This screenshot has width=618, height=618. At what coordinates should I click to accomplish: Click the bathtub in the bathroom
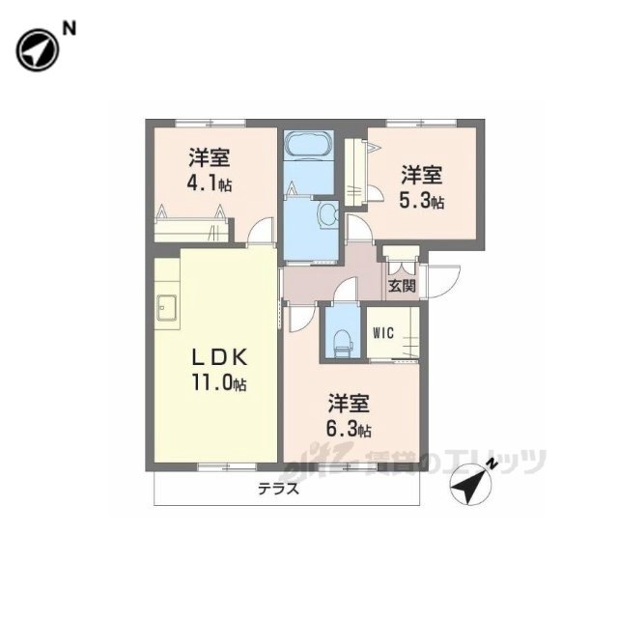tap(309, 144)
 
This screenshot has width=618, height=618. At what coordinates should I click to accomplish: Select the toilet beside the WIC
tap(342, 344)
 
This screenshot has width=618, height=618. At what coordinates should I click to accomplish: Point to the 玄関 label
tap(403, 286)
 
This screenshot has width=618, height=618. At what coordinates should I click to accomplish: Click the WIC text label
tap(383, 333)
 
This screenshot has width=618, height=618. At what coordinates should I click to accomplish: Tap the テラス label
tap(279, 490)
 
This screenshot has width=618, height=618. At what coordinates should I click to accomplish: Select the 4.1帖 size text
tap(210, 184)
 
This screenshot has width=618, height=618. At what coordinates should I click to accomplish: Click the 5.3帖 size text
tap(422, 202)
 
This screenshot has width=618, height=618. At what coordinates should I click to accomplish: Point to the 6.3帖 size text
tap(349, 429)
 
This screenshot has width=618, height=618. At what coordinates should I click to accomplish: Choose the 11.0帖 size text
tap(219, 382)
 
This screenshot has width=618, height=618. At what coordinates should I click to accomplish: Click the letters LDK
tap(219, 358)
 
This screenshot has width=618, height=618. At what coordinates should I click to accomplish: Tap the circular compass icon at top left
tap(38, 50)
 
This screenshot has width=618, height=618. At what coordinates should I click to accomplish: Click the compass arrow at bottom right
tap(471, 482)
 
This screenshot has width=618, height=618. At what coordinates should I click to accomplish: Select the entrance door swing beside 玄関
tap(443, 281)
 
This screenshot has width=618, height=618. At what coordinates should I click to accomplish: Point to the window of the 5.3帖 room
tap(421, 123)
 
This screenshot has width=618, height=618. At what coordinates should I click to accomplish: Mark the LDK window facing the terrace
tap(227, 467)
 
